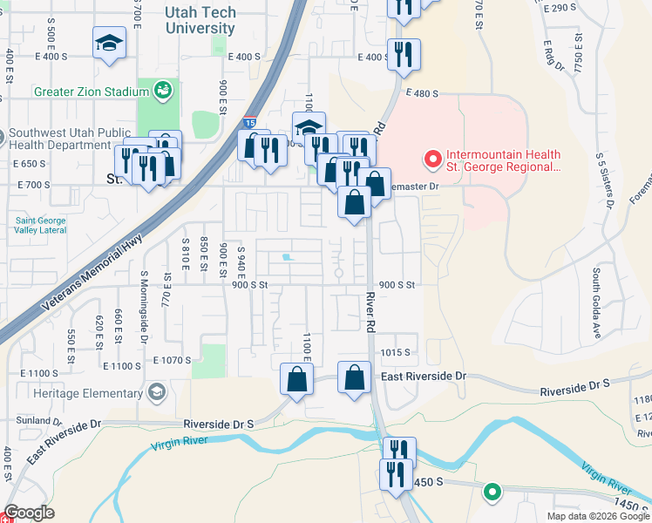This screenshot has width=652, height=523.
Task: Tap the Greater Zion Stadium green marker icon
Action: [162, 90]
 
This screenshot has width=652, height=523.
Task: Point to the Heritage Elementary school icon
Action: [157, 391]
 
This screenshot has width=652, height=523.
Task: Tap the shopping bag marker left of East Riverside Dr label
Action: [354, 378]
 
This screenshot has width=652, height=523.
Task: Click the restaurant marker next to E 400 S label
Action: [403, 54]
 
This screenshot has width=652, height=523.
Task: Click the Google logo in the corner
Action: [29, 513]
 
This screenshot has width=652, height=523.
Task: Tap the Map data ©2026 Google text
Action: [597, 516]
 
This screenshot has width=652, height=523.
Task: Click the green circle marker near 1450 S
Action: [492, 492]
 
